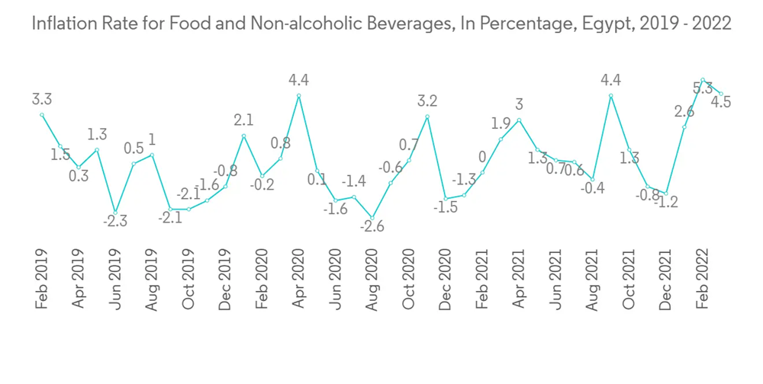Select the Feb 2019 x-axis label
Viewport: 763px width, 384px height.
[42, 280]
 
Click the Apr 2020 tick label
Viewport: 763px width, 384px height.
[298, 280]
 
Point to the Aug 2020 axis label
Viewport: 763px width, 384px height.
[372, 280]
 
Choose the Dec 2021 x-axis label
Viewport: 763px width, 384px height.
[666, 280]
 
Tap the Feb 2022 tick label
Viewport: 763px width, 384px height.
[703, 278]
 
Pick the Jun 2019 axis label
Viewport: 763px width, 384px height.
[115, 280]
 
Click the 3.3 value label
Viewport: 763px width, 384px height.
[42, 99]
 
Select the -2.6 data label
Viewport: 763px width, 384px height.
[372, 226]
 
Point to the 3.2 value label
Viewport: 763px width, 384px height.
[427, 101]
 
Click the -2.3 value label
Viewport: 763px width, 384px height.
[114, 222]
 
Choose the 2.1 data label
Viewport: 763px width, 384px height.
[243, 120]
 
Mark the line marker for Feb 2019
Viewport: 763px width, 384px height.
[42, 115]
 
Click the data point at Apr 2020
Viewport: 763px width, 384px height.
[298, 96]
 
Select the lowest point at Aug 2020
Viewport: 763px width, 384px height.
[372, 218]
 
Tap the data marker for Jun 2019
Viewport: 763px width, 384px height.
[115, 213]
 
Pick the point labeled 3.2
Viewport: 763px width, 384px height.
[427, 117]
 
